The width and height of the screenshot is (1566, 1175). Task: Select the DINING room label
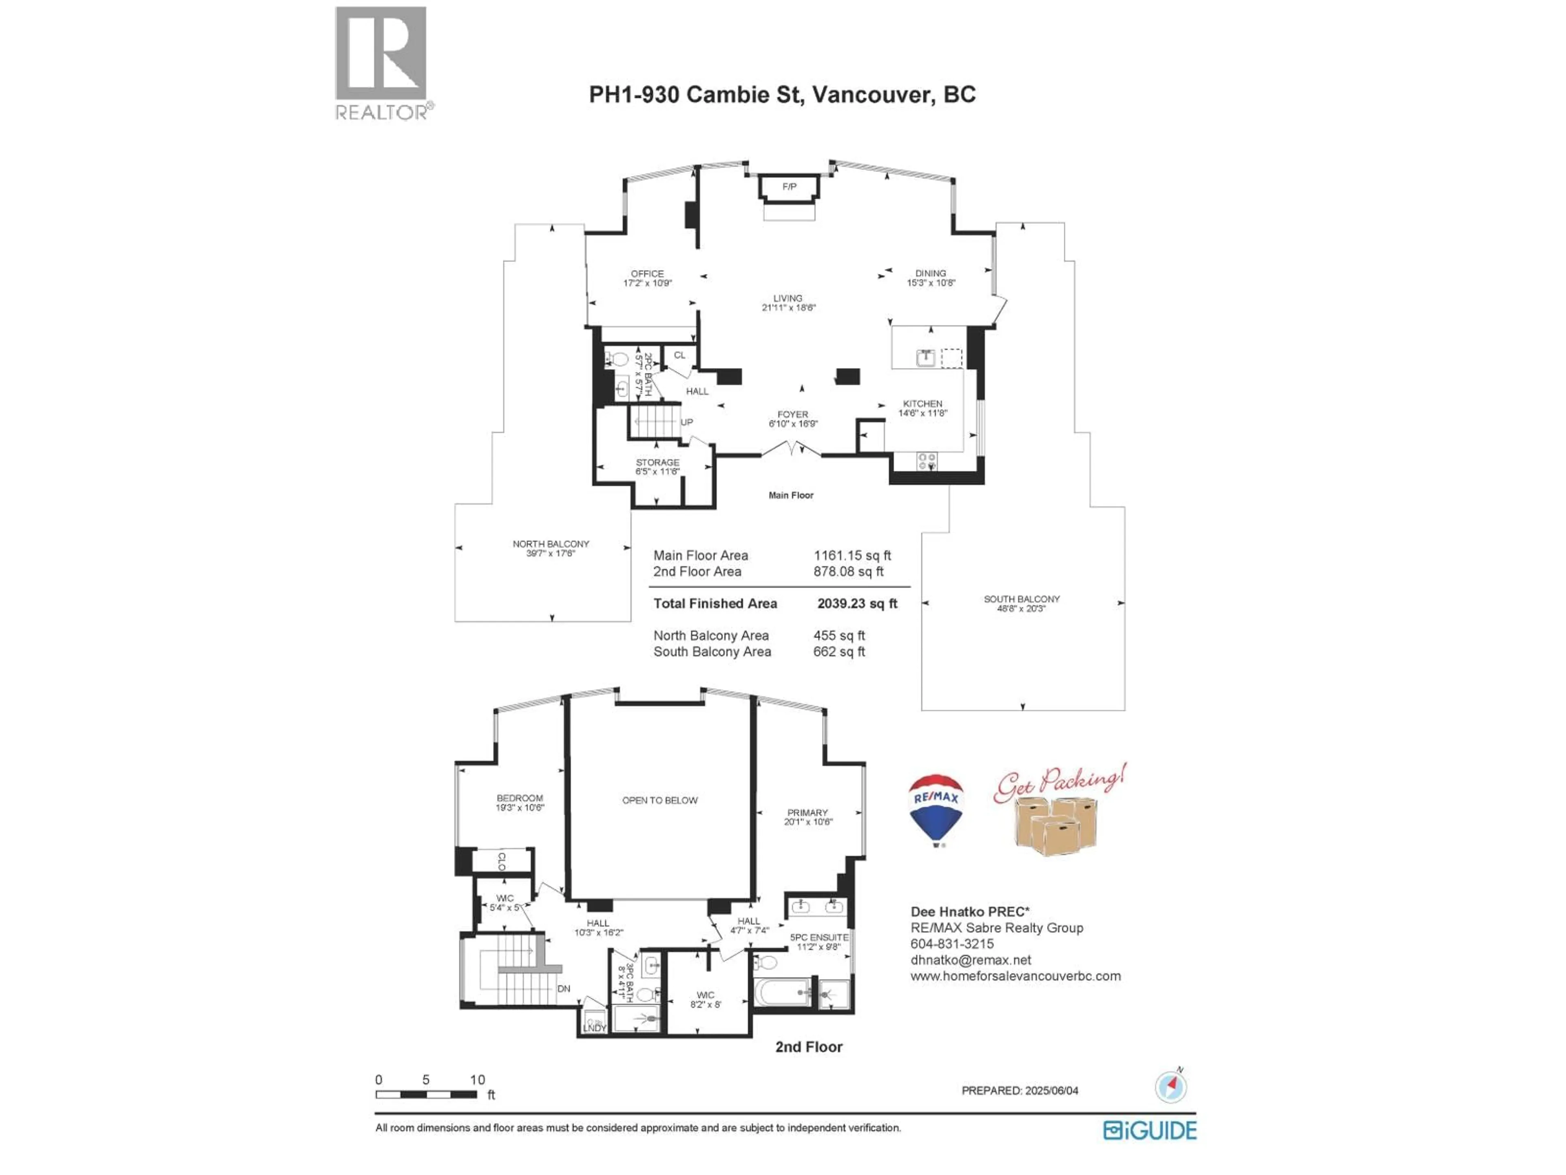click(x=930, y=273)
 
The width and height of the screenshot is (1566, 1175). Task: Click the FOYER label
click(x=792, y=415)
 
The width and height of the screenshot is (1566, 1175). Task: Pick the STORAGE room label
click(x=657, y=463)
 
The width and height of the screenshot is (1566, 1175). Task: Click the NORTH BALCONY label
click(x=551, y=544)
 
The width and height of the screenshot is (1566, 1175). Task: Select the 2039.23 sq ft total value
click(x=857, y=603)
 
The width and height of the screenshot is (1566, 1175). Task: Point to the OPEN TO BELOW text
click(x=660, y=800)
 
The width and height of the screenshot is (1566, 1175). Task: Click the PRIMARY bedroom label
click(x=807, y=813)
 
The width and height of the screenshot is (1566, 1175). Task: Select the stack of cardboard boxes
click(x=1055, y=825)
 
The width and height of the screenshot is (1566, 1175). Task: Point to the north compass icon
click(x=1170, y=1086)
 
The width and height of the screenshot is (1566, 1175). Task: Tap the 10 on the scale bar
click(x=477, y=1080)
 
